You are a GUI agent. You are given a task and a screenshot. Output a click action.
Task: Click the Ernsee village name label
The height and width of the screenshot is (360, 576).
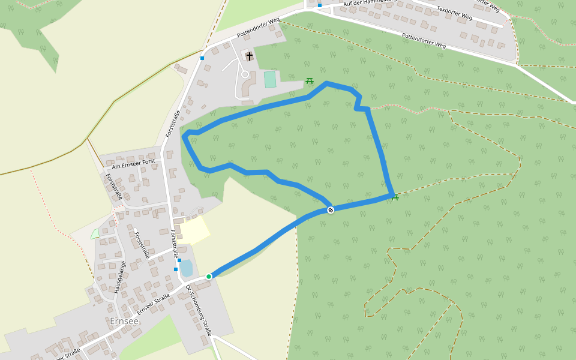124,321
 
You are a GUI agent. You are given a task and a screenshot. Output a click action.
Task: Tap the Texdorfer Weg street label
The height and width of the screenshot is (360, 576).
454,13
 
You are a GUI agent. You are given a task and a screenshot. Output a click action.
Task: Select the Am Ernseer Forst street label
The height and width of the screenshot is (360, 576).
133,163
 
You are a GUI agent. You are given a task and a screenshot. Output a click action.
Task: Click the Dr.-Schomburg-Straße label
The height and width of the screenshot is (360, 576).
199,310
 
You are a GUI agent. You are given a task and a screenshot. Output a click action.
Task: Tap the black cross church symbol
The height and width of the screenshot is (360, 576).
249,56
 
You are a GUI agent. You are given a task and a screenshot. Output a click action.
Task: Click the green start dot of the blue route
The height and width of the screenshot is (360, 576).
209,276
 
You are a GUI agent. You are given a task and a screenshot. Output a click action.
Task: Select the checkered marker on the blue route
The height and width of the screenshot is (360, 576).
331,209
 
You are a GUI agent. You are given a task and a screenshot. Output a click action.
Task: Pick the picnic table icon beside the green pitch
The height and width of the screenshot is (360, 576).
310,80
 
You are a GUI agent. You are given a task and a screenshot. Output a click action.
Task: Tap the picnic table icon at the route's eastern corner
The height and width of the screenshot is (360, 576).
395,196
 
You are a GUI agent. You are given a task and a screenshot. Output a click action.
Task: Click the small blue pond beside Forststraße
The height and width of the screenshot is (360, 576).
186,268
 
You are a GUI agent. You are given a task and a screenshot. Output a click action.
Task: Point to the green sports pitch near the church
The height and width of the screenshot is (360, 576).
270,79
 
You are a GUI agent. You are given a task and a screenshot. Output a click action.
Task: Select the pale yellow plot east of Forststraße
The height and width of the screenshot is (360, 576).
193,230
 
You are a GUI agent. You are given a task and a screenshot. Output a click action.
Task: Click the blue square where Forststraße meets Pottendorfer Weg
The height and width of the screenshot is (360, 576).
202,58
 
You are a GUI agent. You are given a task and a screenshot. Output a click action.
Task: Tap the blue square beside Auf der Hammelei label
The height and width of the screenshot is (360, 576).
320,5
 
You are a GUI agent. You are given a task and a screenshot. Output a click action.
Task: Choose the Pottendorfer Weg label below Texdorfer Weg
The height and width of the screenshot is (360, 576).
424,41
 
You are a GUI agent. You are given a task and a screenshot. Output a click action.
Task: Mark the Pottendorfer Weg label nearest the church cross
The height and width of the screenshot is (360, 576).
258,28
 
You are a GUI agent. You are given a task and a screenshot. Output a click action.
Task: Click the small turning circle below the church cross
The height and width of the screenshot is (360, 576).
245,74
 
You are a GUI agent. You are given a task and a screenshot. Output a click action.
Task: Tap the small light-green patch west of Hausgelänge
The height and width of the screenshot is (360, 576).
94,233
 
